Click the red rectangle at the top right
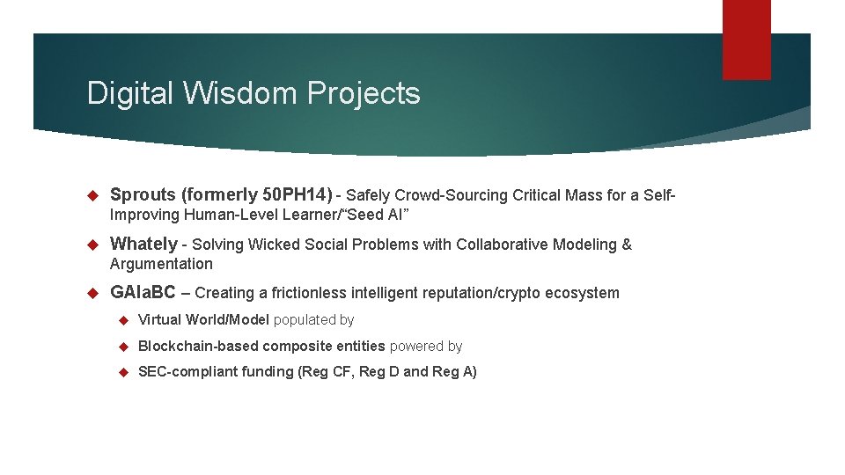click(x=746, y=40)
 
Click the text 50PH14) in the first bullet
click(x=303, y=194)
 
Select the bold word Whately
click(x=143, y=244)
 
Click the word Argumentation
click(x=161, y=264)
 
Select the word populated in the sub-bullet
click(x=301, y=320)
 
